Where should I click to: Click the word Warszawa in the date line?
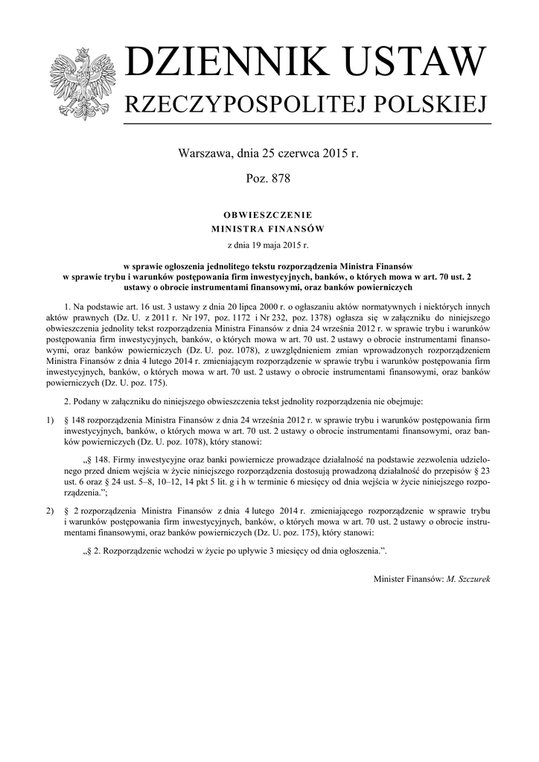pos(203,154)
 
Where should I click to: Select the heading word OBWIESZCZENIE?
pos(269,214)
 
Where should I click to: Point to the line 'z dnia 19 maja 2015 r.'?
pos(269,243)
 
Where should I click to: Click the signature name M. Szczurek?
pos(468,578)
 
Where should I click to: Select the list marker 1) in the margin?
pos(50,420)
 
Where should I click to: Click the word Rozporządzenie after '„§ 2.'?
pos(139,551)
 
